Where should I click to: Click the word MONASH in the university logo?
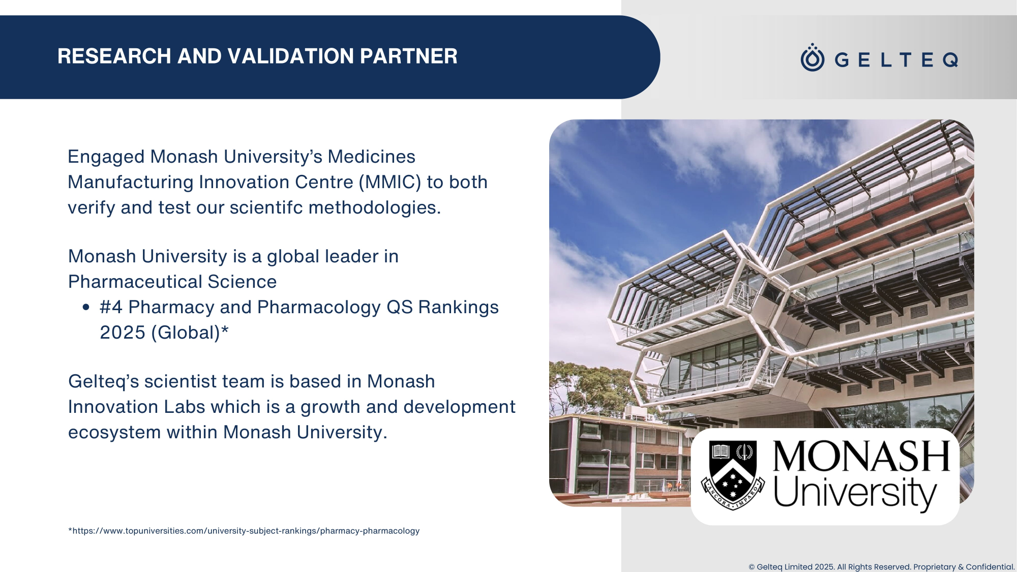tap(861, 456)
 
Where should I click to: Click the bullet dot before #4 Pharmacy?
tap(86, 307)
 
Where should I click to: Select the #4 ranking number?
tap(111, 307)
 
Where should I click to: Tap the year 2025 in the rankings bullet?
tap(123, 333)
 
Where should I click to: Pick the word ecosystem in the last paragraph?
tap(114, 433)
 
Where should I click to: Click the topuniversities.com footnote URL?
tap(244, 531)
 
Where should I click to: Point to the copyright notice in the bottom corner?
tap(882, 567)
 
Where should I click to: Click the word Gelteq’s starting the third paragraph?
tap(104, 382)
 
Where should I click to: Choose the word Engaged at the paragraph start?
tap(106, 157)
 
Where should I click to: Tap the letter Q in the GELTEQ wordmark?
tap(950, 60)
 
